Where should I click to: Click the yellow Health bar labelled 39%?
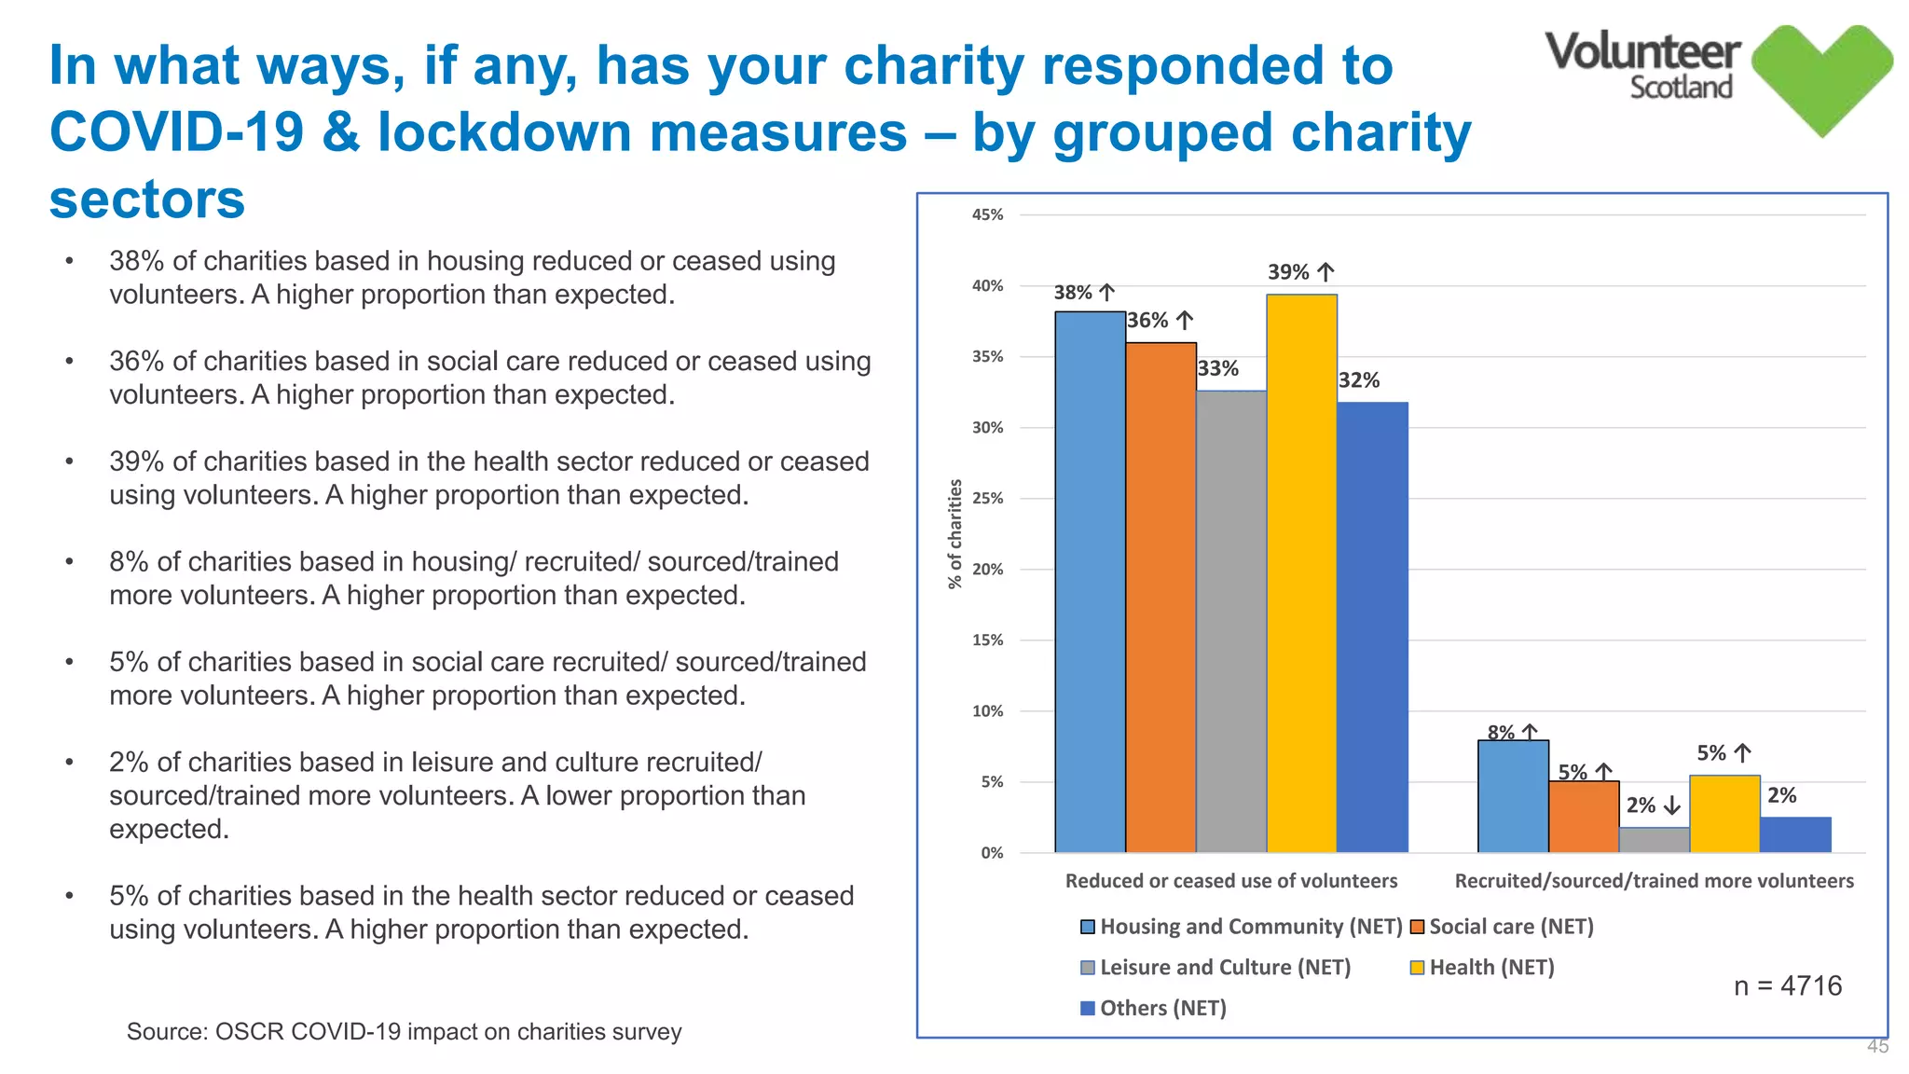tap(1301, 573)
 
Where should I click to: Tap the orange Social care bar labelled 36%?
tap(1161, 598)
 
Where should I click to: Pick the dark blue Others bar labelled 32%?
tap(1372, 627)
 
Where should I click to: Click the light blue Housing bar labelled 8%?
tap(1513, 796)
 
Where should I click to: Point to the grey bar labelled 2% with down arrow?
tap(1654, 840)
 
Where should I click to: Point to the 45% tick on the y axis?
tap(987, 214)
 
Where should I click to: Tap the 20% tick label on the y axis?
tap(987, 569)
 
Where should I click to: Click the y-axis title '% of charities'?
tap(954, 533)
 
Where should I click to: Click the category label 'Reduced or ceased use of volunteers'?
tap(1230, 881)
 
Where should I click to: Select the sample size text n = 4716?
tap(1787, 985)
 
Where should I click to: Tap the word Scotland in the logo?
tap(1680, 88)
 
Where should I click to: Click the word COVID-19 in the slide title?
tap(177, 131)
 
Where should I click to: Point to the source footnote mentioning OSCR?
tap(404, 1031)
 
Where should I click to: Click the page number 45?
tap(1876, 1046)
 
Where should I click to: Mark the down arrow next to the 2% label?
tap(1671, 805)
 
